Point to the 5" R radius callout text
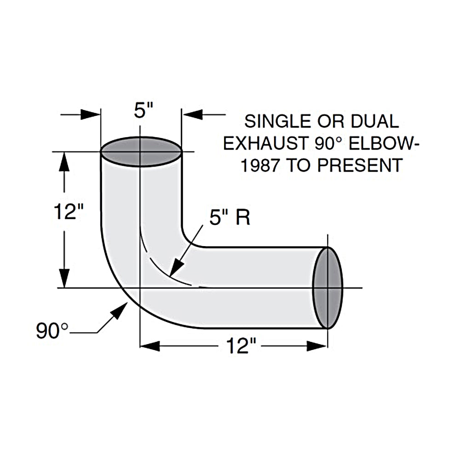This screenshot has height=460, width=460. [230, 218]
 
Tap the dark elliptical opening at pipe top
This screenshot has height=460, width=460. [141, 151]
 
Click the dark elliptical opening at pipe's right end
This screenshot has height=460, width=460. [328, 287]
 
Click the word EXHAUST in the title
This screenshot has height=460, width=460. [261, 144]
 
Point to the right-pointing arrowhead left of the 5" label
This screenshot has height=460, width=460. [91, 114]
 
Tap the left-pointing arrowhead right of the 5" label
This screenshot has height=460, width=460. [193, 114]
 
